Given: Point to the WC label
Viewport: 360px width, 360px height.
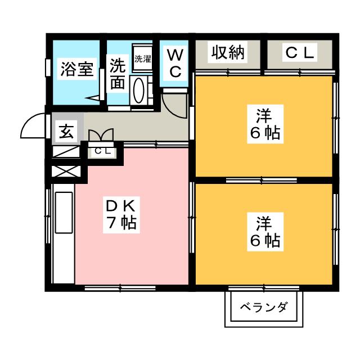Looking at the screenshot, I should tap(175, 63).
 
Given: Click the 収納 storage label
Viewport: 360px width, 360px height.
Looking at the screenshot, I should tap(228, 53).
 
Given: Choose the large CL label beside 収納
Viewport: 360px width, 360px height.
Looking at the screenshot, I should tap(300, 53).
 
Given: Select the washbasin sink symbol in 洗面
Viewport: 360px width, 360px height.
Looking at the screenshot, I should tap(139, 89).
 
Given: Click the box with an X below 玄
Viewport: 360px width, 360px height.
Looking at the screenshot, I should tap(62, 170).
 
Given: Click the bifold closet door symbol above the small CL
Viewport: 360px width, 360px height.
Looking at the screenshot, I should tap(101, 136).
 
